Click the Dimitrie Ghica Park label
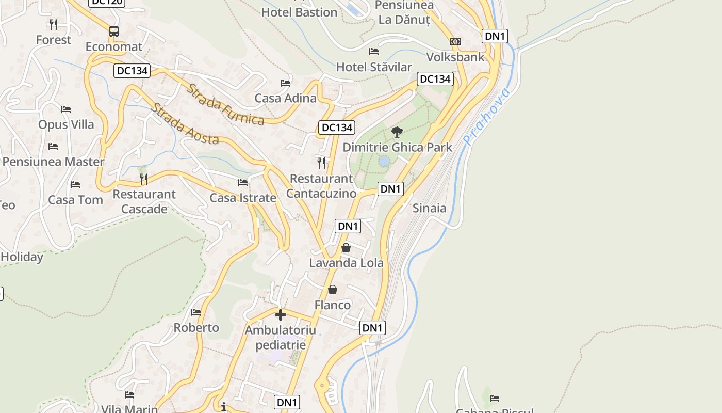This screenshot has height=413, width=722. [x=397, y=147]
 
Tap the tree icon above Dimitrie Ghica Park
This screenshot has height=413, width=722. [x=397, y=132]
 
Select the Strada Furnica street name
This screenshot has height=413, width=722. [x=225, y=105]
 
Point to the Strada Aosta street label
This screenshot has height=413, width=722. [x=185, y=124]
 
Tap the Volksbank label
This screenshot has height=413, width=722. [x=456, y=57]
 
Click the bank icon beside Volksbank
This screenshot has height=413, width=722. [x=455, y=42]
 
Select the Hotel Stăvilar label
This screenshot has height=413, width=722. [x=374, y=67]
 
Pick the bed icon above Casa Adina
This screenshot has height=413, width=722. [x=285, y=83]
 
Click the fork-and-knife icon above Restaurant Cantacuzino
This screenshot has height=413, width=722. [x=321, y=163]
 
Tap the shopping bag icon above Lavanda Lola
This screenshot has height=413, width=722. [x=346, y=248]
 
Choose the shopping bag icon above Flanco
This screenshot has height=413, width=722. [x=333, y=290]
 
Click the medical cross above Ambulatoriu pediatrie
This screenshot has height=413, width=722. [x=281, y=314]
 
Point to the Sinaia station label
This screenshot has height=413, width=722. [x=430, y=208]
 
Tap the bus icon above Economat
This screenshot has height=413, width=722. [x=114, y=31]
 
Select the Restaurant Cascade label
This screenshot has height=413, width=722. [x=144, y=201]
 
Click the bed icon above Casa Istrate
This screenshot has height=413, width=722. [x=243, y=183]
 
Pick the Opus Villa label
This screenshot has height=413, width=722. [x=66, y=124]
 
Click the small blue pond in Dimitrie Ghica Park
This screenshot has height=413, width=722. [x=384, y=162]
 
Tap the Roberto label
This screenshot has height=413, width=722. [x=196, y=328]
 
